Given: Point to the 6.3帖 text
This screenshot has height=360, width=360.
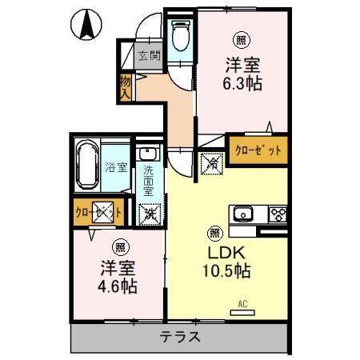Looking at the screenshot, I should (242, 81).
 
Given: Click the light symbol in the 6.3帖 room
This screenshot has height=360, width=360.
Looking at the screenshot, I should (240, 38).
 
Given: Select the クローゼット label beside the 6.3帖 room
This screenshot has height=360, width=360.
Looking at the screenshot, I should (258, 149).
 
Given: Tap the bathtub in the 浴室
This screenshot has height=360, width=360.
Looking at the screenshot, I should (87, 166).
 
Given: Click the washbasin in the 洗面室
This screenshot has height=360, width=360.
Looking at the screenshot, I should (148, 154).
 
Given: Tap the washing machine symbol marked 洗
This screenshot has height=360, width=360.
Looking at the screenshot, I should (149, 214).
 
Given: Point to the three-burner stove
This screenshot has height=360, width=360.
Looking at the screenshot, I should (277, 214).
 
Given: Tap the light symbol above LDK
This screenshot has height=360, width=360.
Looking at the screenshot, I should (214, 233).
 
